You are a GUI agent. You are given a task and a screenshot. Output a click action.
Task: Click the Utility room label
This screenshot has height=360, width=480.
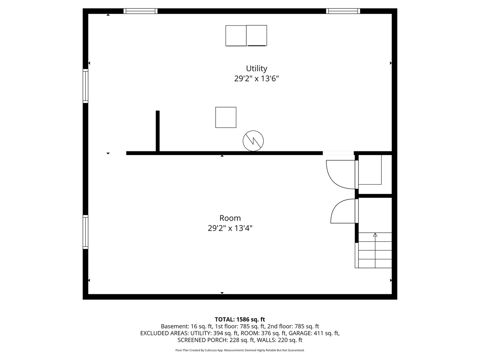[256, 69]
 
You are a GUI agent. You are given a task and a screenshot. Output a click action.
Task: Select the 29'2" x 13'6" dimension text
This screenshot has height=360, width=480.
[256, 78]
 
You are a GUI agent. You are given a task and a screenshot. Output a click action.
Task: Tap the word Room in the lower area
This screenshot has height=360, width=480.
[230, 218]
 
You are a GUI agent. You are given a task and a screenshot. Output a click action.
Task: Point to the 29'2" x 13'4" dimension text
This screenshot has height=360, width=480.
[230, 228]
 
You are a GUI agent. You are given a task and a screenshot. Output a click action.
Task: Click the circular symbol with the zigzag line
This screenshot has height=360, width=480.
[253, 141]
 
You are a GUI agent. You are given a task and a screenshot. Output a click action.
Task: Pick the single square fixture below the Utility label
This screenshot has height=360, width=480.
[226, 117]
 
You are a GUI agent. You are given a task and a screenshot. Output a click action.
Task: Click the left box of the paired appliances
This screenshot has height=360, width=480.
[236, 36]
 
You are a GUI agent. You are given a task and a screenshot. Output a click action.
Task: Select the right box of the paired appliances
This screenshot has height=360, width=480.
[257, 35]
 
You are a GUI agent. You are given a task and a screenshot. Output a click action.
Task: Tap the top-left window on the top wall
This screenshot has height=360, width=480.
[140, 11]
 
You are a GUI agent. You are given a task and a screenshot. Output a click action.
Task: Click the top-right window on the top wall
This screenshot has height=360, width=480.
[343, 11]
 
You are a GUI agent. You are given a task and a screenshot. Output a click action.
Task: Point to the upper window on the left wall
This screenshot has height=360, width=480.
[85, 86]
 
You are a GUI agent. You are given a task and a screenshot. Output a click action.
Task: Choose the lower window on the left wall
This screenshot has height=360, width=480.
[85, 232]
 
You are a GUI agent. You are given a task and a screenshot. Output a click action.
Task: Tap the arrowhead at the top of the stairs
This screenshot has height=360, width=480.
[375, 235]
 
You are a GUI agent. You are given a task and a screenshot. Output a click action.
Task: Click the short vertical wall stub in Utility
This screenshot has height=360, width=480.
[157, 131]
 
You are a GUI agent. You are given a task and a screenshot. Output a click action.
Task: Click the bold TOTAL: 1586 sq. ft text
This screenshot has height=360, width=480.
[240, 319]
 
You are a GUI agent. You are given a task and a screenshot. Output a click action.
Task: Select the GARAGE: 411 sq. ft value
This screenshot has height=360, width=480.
[314, 333]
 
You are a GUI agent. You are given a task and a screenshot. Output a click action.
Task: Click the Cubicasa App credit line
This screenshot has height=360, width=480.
[240, 350]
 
